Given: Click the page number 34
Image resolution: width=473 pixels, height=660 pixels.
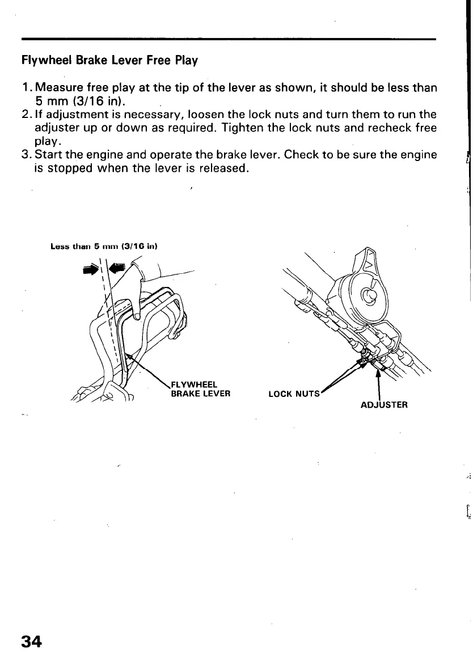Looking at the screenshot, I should point(31,641).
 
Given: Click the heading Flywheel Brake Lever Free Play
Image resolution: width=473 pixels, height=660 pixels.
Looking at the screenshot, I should point(109,60).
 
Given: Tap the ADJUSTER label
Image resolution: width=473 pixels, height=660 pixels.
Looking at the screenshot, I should point(384,405).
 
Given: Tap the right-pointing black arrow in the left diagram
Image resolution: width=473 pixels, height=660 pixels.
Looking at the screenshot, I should point(90,270).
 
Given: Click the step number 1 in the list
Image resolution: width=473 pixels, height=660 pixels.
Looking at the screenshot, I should point(26,88).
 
